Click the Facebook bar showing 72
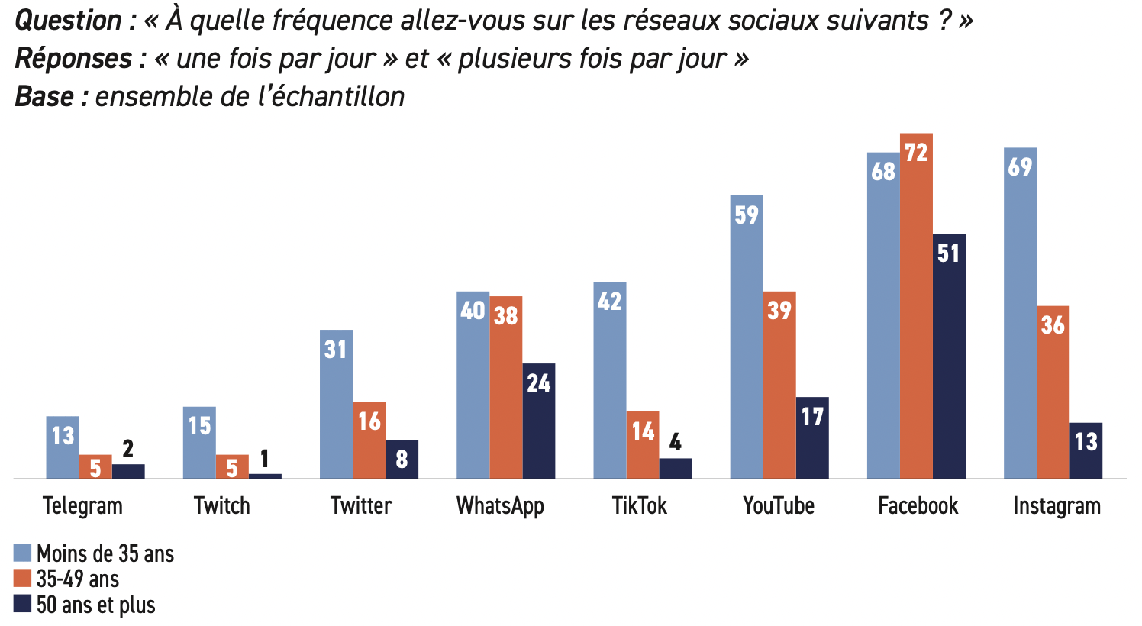coord(916,305)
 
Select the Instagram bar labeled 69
coord(1020,313)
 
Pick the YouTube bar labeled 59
coord(747,337)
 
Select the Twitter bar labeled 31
coord(336,404)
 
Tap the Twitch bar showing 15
coord(199,443)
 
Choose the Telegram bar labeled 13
coord(63,447)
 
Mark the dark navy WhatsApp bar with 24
coord(539,421)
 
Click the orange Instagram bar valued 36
coord(1053,392)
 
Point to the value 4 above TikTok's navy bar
coord(676,443)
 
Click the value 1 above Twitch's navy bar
coord(265,459)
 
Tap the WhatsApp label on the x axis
coord(500,505)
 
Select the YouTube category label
coord(779,505)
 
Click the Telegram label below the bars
coord(82,505)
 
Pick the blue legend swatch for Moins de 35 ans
coord(22,553)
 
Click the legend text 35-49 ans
coord(78,579)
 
